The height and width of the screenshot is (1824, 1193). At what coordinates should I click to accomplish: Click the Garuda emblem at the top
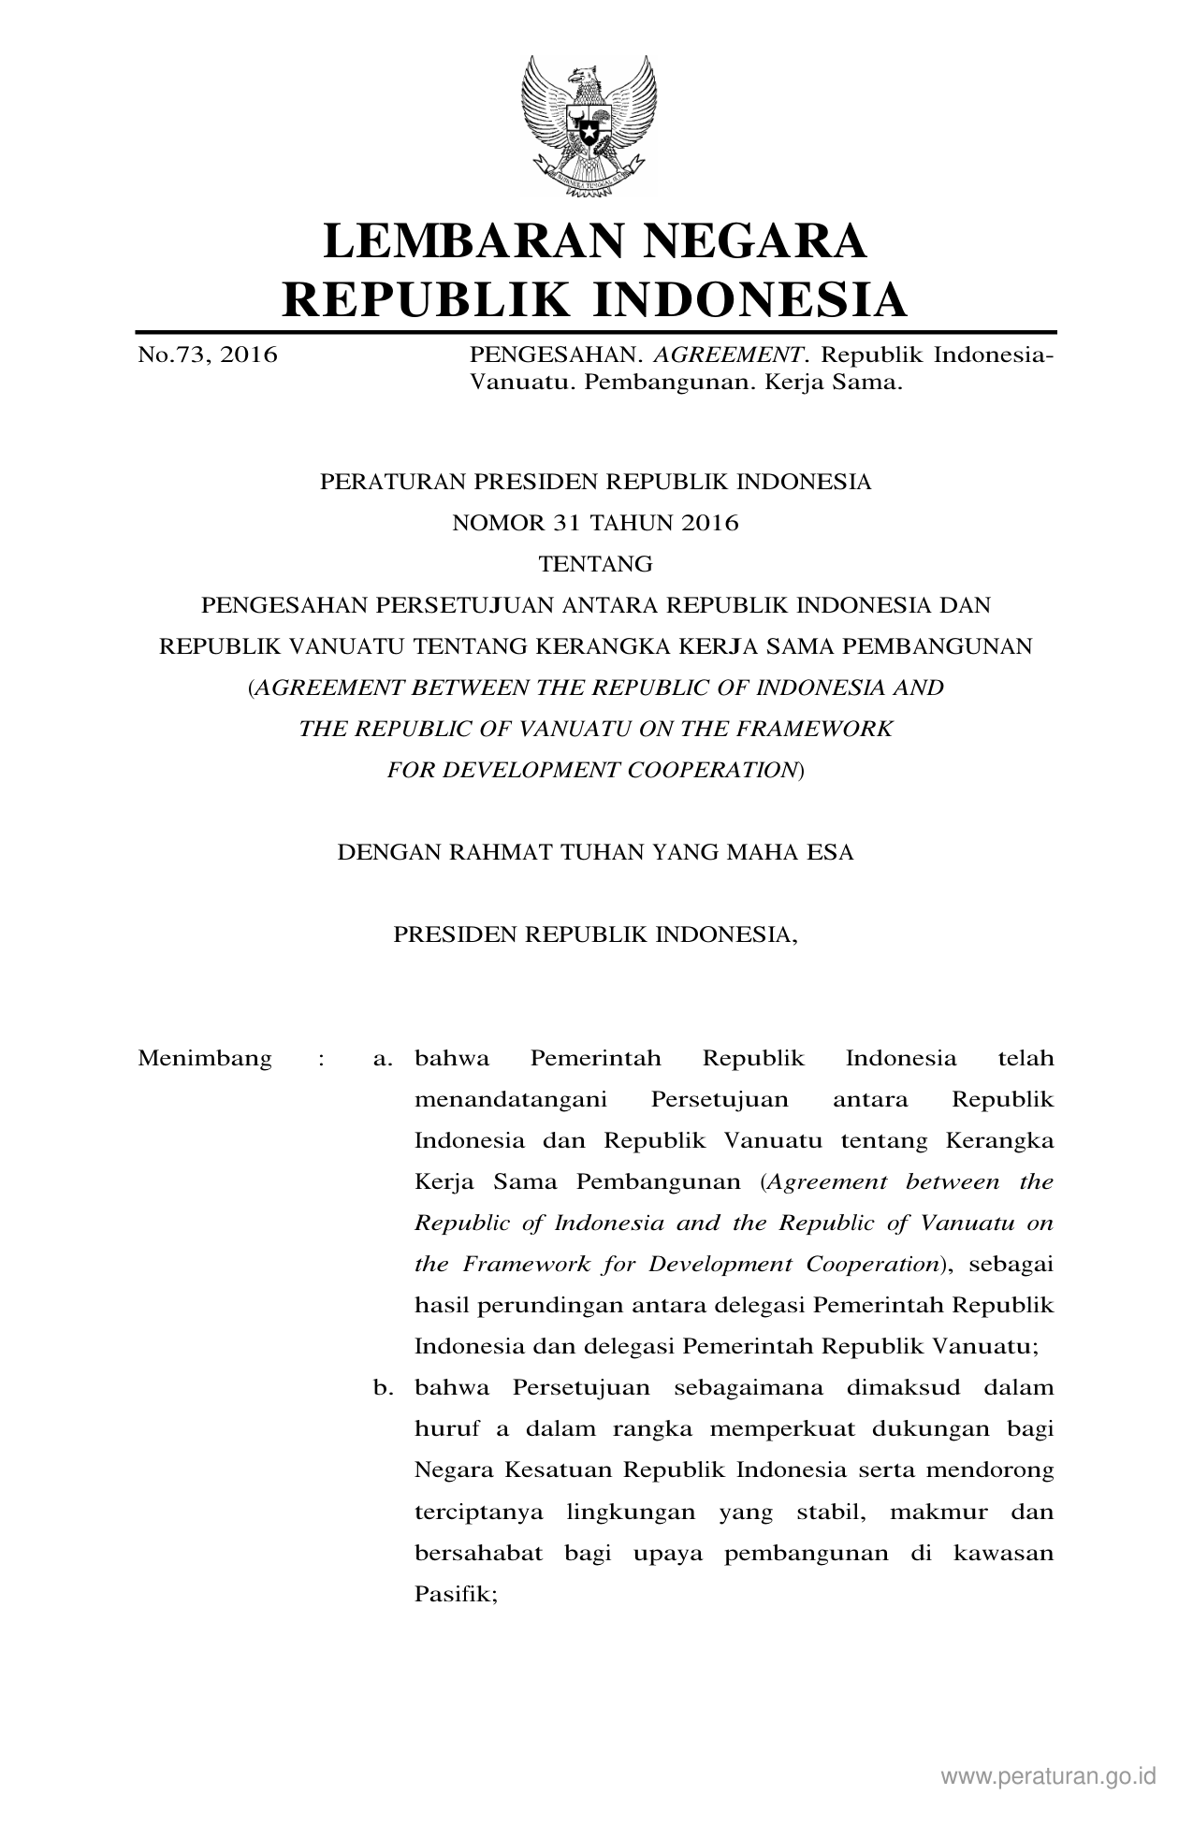pos(589,123)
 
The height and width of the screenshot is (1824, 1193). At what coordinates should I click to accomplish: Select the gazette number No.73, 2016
pos(208,355)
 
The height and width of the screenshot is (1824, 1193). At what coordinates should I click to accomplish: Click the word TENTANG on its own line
pos(596,564)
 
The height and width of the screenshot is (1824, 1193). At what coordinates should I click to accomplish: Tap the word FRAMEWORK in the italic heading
pos(822,729)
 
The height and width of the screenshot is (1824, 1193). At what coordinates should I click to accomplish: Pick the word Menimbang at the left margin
pos(205,1059)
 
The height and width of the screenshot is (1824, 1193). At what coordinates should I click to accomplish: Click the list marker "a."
pos(382,1059)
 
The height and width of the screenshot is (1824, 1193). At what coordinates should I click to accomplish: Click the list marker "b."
pos(382,1387)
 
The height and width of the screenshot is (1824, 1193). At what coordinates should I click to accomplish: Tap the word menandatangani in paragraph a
pos(510,1100)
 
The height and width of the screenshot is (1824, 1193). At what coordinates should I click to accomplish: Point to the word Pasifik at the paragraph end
pos(455,1593)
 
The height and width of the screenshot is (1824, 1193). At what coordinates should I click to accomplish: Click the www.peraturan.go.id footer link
pos(1049,1775)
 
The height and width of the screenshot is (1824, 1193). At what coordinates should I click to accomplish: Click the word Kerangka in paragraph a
pos(999,1141)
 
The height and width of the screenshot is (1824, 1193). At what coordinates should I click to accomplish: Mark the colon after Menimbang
pos(321,1060)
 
